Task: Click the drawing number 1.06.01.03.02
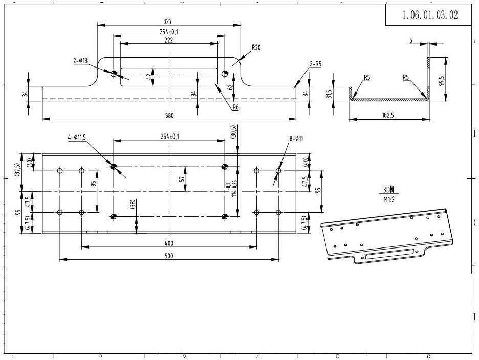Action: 429,15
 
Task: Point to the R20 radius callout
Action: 256,48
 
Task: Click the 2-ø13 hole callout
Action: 80,60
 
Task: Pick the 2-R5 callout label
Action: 315,64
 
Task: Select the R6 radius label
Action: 235,107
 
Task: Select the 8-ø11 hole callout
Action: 295,138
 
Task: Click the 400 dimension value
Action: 168,243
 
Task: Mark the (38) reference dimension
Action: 133,203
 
